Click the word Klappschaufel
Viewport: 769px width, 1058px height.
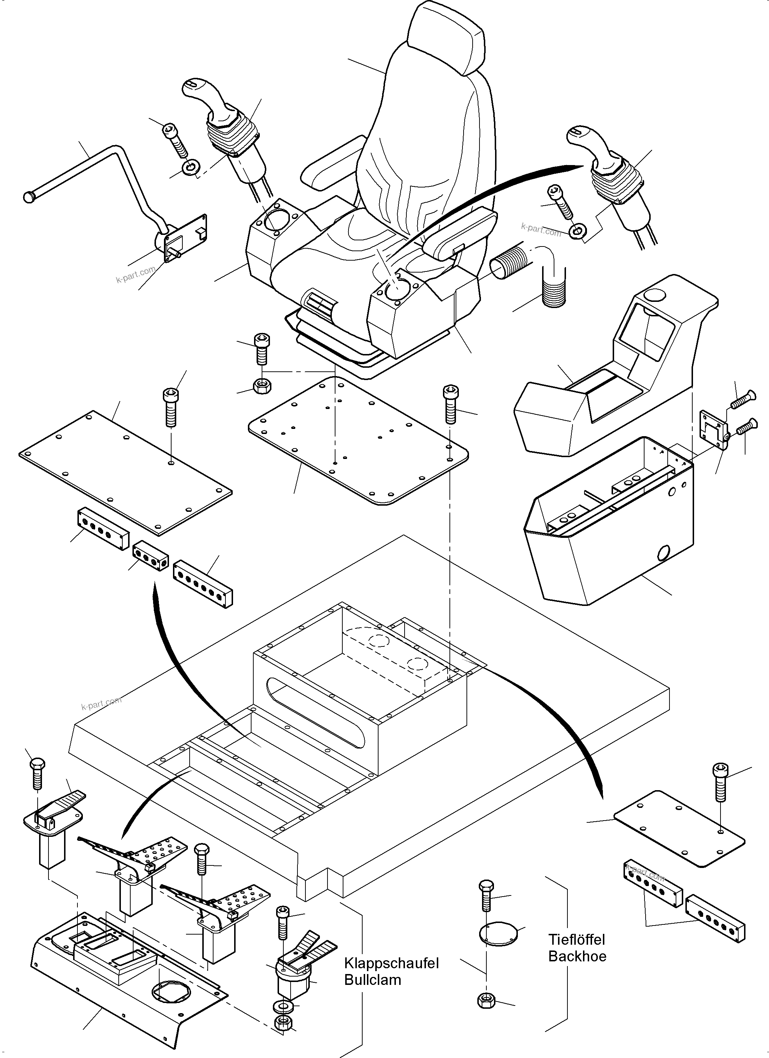(391, 963)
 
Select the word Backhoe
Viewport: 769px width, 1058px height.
(577, 956)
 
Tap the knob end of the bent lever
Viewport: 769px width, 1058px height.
(29, 197)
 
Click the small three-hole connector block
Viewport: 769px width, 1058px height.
(151, 556)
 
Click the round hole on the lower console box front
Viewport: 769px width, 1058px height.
(663, 554)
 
